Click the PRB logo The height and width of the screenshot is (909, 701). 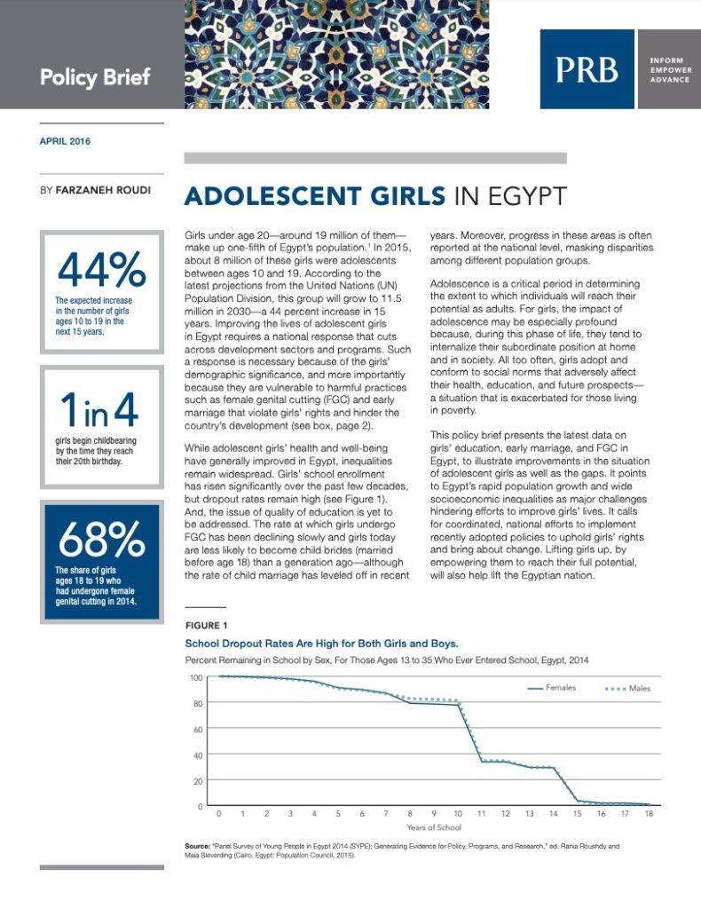tap(587, 70)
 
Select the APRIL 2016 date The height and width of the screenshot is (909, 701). tap(65, 141)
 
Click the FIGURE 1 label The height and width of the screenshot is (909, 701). tap(206, 625)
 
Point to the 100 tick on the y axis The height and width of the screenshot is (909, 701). tap(197, 677)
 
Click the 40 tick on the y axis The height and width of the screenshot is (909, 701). tap(199, 755)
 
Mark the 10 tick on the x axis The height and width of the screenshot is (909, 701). tap(457, 813)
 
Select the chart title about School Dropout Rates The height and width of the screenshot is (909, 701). tap(320, 643)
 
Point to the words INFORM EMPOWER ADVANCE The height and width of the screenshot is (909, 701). tap(666, 69)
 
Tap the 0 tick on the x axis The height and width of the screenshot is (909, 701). tap(219, 813)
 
